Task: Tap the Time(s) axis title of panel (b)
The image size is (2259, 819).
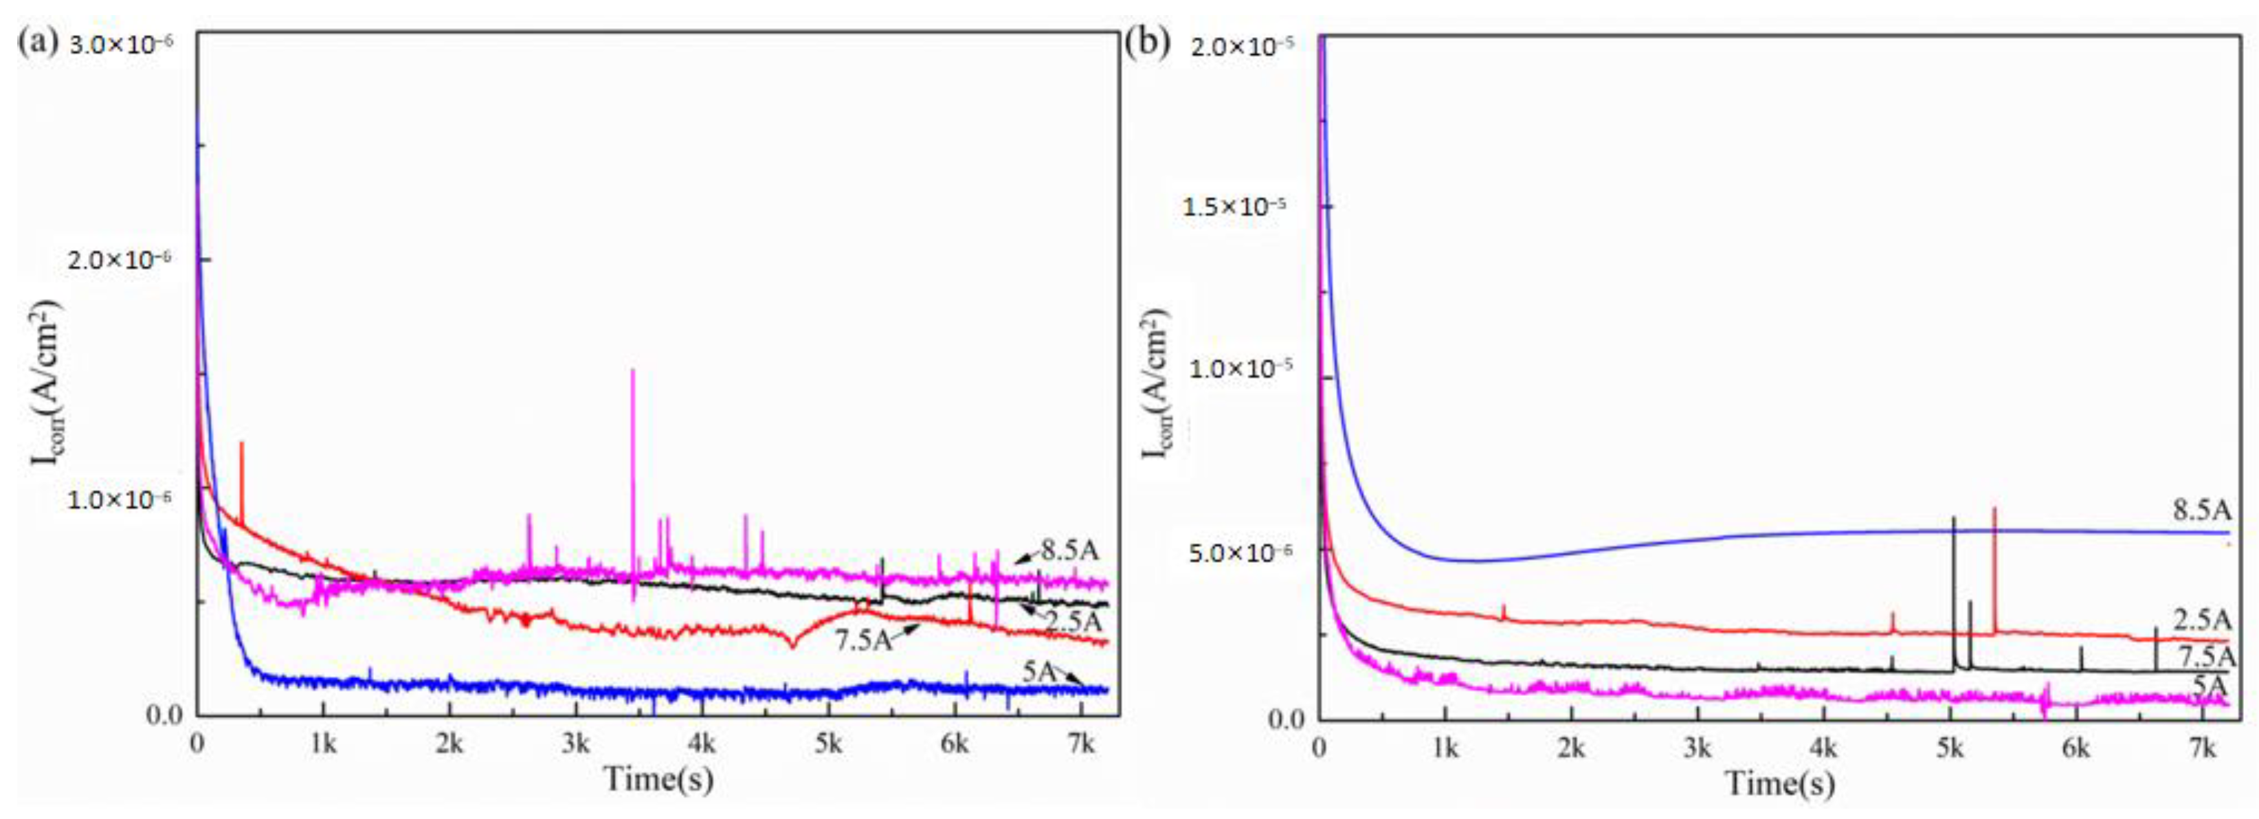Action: [1780, 781]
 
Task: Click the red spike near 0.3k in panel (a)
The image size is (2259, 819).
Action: [241, 473]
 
